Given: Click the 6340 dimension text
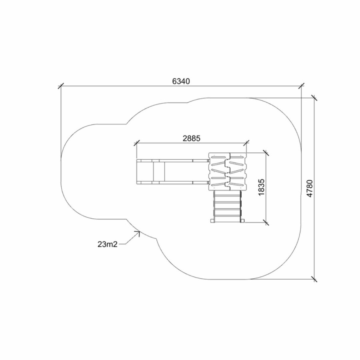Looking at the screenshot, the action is click(181, 81).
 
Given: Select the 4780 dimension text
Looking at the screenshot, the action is click(310, 188).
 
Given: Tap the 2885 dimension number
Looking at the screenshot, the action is click(192, 138).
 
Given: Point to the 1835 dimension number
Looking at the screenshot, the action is click(261, 187).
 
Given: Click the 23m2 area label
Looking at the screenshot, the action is click(108, 244).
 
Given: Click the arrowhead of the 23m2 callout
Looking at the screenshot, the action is click(138, 232).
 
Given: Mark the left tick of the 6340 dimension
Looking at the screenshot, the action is click(61, 86).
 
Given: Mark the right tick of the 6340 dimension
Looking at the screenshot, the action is click(302, 86).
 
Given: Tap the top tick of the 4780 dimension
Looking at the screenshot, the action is click(314, 98).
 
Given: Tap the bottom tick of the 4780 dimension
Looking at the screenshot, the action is click(314, 279).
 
